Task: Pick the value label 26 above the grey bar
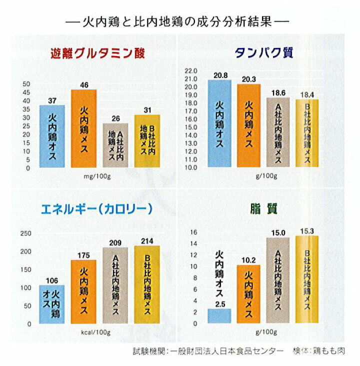116,118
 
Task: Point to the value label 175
84,255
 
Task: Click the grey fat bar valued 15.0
277,280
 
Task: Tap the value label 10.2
249,260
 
